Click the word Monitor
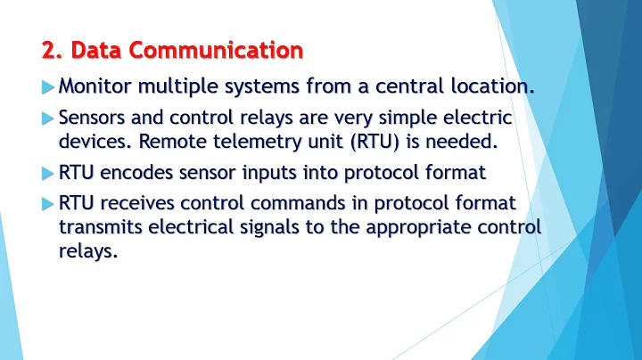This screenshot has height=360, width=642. [x=95, y=87]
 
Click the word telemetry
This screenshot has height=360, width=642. [x=248, y=141]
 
